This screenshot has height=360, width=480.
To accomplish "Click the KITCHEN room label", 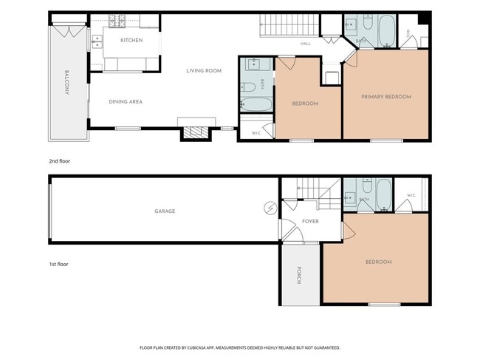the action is click(131, 40).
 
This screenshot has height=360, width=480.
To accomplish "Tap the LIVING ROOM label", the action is click(204, 71).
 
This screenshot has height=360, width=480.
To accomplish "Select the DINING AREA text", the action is click(126, 102).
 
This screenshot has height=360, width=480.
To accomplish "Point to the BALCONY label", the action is click(67, 82).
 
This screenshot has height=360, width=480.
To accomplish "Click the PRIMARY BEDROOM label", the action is click(386, 97).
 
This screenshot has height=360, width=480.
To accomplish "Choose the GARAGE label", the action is click(165, 211).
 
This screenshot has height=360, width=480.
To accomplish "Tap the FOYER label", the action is click(310, 221).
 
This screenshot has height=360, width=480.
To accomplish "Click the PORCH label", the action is click(299, 275).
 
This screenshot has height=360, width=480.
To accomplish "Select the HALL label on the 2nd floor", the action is click(306, 44).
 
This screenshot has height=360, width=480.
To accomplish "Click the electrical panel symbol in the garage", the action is click(270, 208).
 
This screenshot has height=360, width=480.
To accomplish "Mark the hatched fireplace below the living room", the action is click(196, 132).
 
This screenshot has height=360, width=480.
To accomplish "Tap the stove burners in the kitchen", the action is click(117, 21).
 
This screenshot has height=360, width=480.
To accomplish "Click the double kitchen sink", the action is click(97, 42).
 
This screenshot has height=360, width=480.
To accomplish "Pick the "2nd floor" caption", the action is click(60, 161).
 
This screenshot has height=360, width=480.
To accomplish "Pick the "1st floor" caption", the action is click(59, 264).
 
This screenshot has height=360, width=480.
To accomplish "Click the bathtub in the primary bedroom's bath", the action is click(387, 30).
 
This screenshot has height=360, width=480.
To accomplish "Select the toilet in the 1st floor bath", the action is click(367, 186).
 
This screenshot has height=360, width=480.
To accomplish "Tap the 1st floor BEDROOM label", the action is click(379, 262).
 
